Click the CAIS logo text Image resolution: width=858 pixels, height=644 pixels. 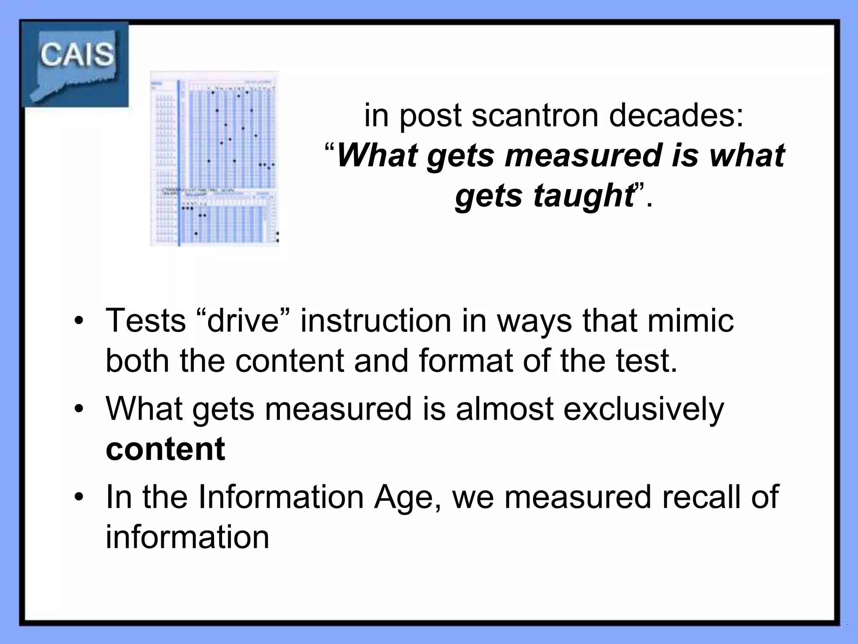[x=77, y=55]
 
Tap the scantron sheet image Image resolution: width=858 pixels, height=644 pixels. [x=214, y=158]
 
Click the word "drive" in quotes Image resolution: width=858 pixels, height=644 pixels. [x=243, y=321]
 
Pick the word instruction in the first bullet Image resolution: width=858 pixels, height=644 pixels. [x=376, y=321]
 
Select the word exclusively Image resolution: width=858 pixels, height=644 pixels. [x=643, y=409]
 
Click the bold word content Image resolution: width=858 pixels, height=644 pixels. [x=165, y=449]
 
